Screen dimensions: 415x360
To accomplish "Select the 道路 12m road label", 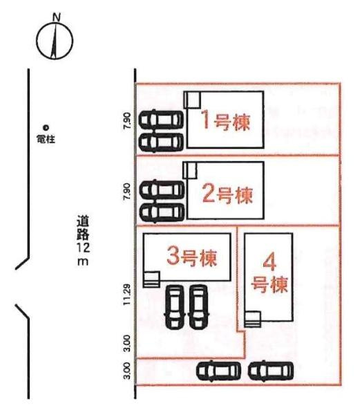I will (82, 242).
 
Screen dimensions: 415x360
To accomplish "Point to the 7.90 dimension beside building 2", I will (126, 192).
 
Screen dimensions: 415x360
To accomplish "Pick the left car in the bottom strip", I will (218, 371).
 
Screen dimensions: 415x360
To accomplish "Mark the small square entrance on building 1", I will (192, 100).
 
